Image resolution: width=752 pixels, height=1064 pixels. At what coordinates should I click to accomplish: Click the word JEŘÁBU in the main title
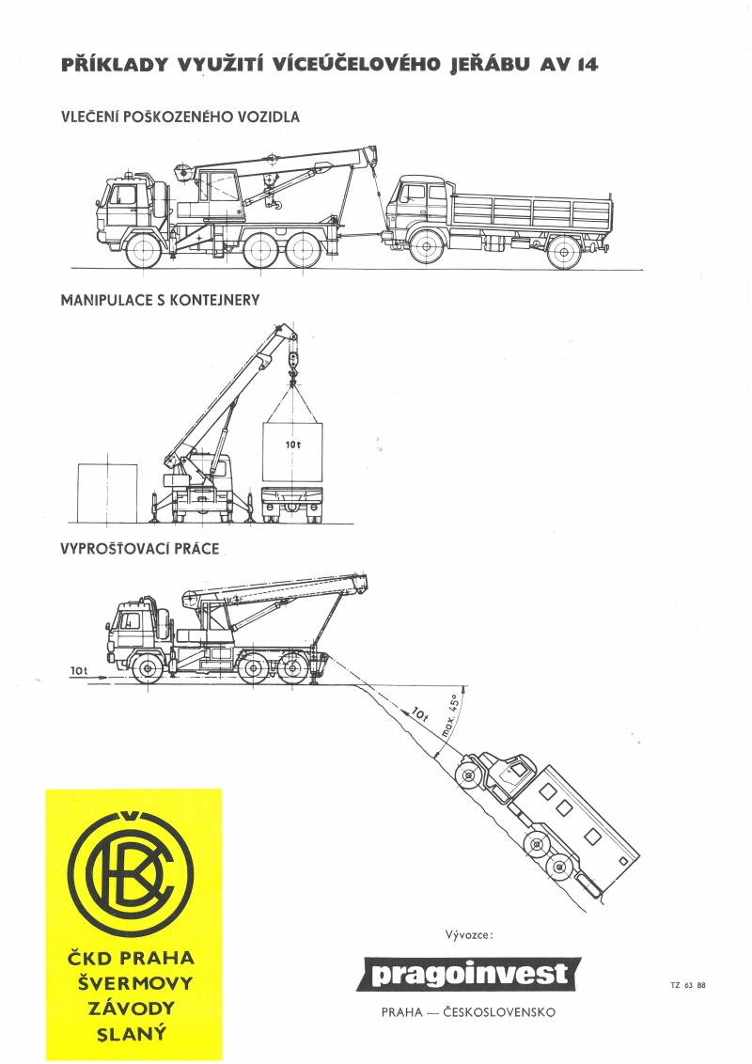490,65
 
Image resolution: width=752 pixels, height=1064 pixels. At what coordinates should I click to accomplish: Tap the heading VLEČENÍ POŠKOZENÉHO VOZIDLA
180,117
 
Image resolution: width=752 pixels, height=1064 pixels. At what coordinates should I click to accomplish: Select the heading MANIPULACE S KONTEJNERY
160,300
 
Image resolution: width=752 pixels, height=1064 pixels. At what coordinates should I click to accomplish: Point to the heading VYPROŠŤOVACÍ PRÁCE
140,548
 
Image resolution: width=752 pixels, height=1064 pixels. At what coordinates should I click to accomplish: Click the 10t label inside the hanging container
292,443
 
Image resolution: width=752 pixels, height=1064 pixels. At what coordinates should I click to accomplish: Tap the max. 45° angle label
450,717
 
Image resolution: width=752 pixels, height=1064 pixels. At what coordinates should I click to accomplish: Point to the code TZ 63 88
687,985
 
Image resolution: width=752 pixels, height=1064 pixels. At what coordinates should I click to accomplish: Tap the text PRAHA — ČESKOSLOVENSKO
468,1012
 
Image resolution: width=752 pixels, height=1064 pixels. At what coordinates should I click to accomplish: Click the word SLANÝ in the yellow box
131,1034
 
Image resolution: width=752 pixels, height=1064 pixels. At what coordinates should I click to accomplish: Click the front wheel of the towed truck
427,246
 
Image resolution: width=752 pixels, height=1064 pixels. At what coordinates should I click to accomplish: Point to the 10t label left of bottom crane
79,670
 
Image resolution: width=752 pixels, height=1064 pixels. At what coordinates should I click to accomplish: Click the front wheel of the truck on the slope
467,775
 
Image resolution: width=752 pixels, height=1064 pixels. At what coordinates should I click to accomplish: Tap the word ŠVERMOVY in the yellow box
131,983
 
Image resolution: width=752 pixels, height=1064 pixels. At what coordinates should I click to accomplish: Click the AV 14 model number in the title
570,65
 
